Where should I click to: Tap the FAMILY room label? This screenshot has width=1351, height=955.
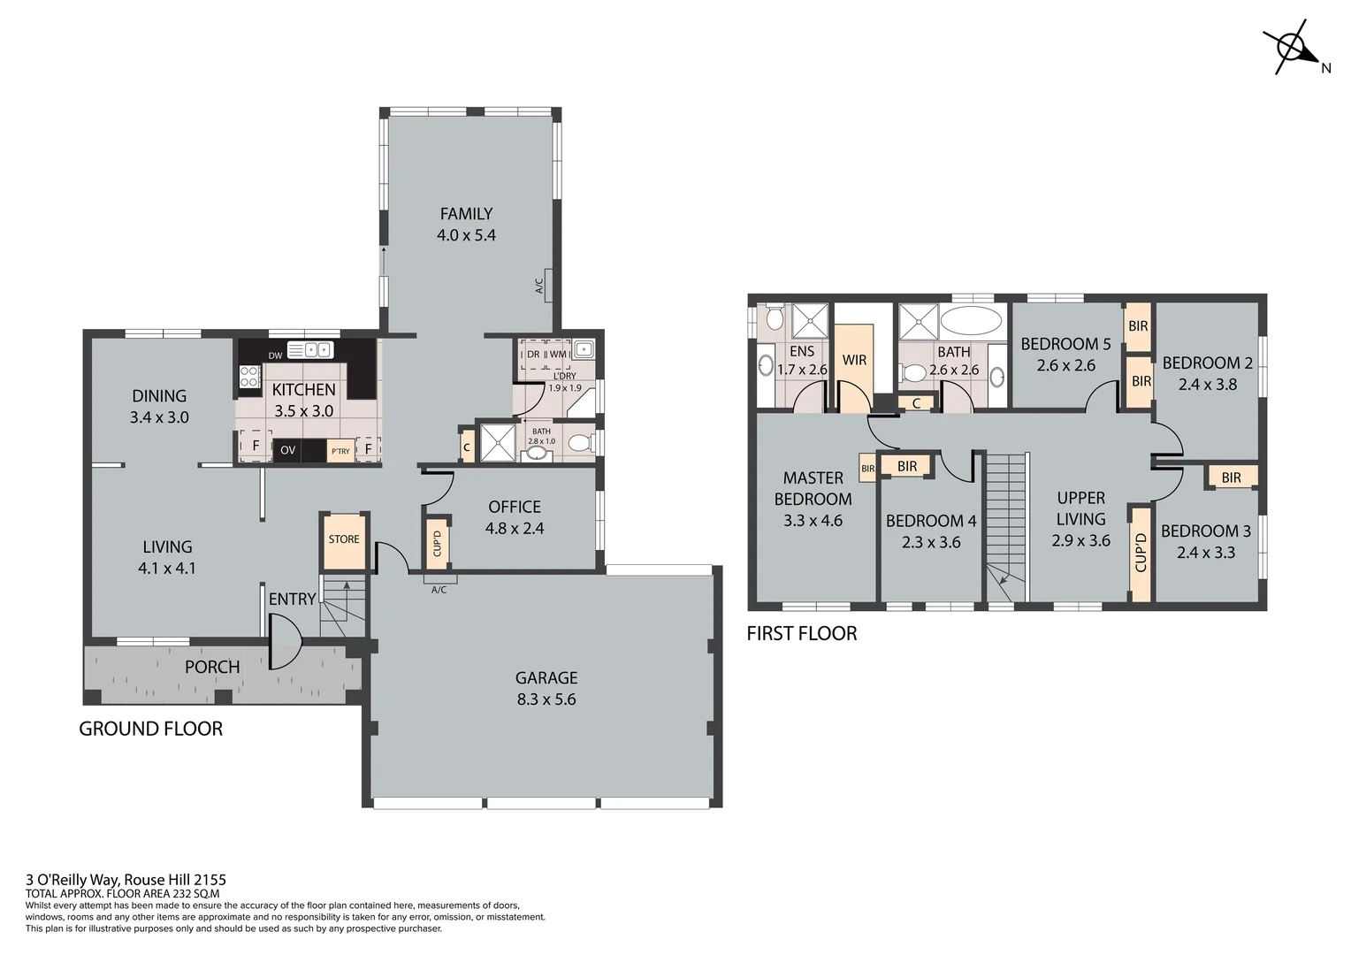[466, 214]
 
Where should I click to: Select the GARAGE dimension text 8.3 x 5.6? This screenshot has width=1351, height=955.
[546, 699]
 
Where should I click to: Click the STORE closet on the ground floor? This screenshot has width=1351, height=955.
[344, 540]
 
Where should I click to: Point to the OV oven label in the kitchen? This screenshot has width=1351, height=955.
[288, 450]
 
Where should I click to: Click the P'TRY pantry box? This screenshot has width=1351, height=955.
[340, 451]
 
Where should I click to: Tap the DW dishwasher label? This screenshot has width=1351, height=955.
[275, 355]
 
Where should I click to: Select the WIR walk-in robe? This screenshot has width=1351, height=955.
[854, 361]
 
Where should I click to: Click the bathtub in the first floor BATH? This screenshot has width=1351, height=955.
[971, 320]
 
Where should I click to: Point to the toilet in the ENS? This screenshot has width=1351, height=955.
[774, 317]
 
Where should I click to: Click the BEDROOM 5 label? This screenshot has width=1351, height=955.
[1065, 344]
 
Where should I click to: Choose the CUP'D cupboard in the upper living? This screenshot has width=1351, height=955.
[1141, 553]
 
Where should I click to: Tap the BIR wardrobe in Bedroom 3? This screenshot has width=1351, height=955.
[1231, 477]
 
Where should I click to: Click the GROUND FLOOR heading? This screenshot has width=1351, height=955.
[151, 729]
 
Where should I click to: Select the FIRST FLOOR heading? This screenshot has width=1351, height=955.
[802, 633]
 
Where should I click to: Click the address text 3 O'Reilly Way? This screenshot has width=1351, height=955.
[126, 880]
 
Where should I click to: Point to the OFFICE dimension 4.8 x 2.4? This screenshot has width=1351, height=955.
[515, 529]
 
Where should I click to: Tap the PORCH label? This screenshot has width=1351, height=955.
[212, 667]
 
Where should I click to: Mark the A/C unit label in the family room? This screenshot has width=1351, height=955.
[539, 286]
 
